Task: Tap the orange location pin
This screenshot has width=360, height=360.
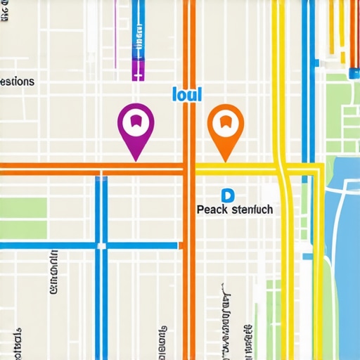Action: [225, 124]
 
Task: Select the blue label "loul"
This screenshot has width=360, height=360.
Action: [186, 94]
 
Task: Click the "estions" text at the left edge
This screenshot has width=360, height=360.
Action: [16, 82]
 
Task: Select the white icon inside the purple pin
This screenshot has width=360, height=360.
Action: [136, 121]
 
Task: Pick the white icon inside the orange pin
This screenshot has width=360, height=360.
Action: [225, 122]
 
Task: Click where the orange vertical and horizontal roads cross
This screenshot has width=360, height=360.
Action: [188, 168]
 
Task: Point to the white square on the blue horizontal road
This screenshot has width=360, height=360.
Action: [101, 246]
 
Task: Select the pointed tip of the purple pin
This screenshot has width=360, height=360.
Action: [136, 158]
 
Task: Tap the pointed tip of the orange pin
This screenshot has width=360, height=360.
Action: [225, 159]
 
